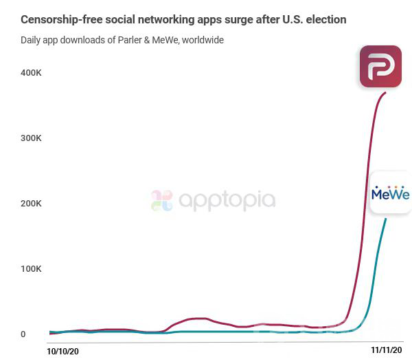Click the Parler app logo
coord(380,66)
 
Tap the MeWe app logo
coord(390,193)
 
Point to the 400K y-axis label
coord(32,72)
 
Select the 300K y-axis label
coord(32,138)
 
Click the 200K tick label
coord(32,203)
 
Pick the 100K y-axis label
coord(32,268)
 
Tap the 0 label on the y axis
coord(23,334)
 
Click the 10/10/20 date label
coord(62,351)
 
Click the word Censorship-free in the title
coord(60,19)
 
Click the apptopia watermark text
coord(227,201)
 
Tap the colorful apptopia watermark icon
coord(162,201)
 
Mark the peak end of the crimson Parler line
coord(385,92)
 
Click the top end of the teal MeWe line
coord(386,219)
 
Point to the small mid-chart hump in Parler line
coord(197,319)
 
